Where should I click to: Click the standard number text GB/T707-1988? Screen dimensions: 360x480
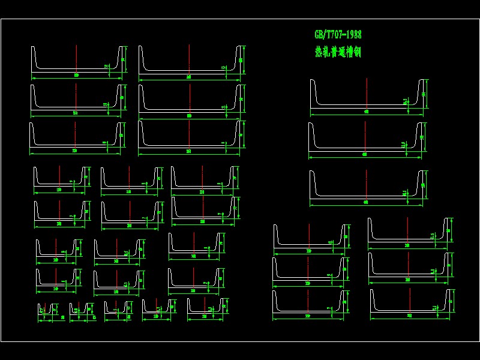(338, 35)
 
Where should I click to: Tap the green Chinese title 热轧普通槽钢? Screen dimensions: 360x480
(337, 52)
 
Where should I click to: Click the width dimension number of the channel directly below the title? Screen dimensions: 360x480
(365, 112)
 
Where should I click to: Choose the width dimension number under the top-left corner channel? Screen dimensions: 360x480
(76, 76)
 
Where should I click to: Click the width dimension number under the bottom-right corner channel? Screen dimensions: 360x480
(410, 315)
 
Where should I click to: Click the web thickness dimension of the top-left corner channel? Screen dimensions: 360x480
(106, 67)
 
